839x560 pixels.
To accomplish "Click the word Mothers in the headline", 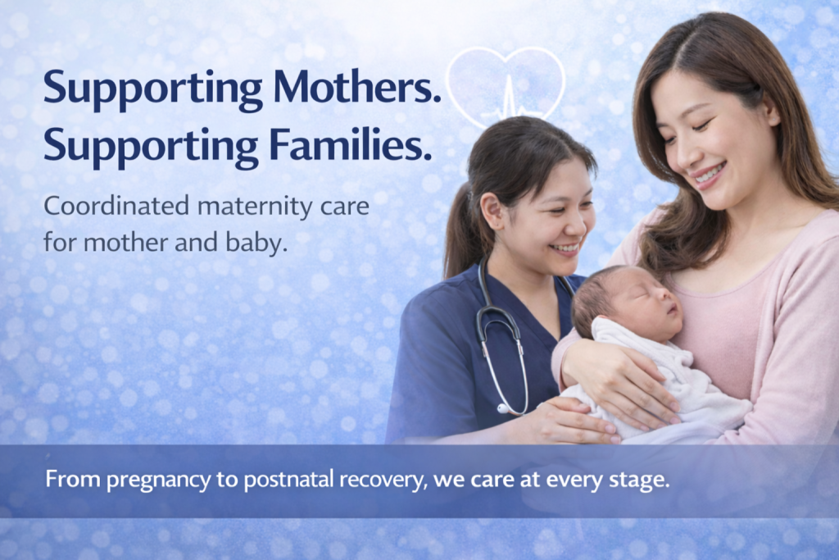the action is [357, 87].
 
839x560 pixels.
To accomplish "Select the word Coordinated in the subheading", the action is [116, 206].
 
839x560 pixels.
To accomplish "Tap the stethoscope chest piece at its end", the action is [503, 409].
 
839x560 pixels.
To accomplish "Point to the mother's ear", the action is [769, 111].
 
